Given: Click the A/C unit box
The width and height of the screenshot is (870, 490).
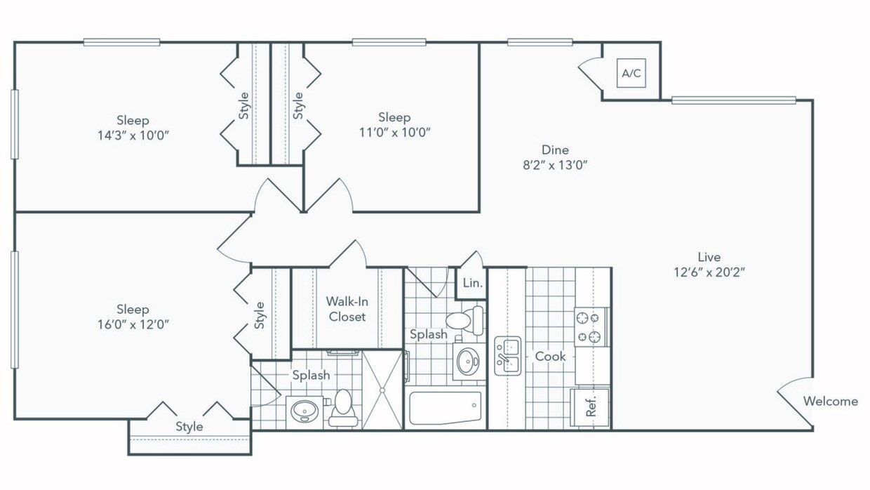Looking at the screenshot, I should coord(631,74).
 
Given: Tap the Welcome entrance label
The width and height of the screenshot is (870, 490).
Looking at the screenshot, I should coord(830,402).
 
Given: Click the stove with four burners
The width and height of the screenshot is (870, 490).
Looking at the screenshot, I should coord(591,326).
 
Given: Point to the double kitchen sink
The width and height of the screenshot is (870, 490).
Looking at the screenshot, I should coord(507,356).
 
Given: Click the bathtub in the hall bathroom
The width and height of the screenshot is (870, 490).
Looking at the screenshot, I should coord(446,408).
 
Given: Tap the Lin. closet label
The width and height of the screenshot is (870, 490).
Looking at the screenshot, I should coord(472,284).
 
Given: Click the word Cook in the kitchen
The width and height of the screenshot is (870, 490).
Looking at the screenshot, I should coord(550,357).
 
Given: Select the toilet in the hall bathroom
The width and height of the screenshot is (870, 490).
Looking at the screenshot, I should coord(464,320).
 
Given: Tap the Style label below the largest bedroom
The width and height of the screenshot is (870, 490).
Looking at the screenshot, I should coord(189,426).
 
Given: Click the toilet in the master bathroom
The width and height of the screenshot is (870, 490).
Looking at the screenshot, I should coord(342,407).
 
